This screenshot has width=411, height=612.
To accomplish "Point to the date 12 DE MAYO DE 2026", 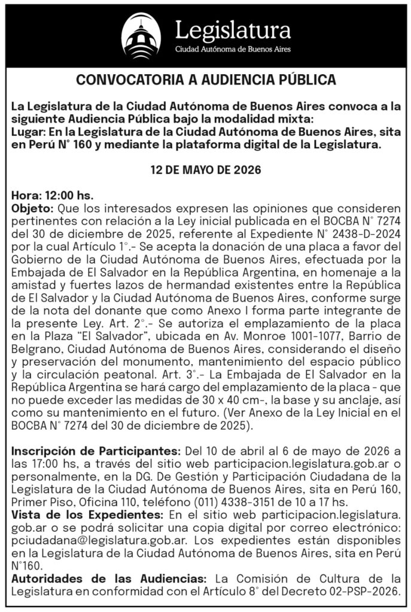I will click(205, 170).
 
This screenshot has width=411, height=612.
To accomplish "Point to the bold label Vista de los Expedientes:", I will click(77, 513).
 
